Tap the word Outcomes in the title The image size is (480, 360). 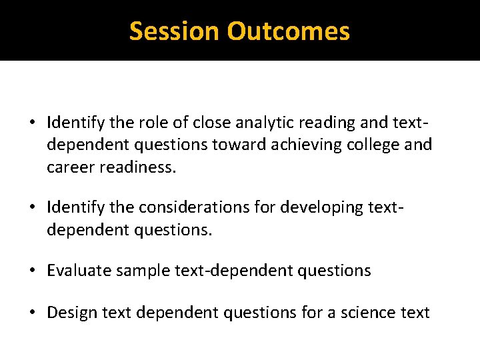(x=288, y=31)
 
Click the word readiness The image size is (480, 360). (x=139, y=167)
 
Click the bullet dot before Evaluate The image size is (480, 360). (x=33, y=271)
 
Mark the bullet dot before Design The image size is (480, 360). (x=33, y=312)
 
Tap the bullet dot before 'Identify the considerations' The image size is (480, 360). (x=33, y=208)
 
